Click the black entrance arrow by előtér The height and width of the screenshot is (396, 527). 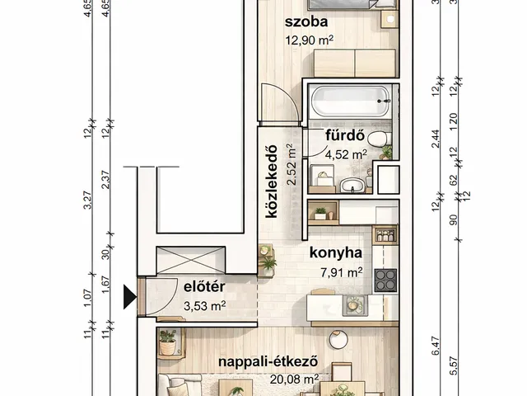130,297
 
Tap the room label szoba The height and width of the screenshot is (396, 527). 306,22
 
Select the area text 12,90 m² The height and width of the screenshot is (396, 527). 310,40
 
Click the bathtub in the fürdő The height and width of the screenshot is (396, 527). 349,101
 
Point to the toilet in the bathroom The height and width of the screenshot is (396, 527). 380,139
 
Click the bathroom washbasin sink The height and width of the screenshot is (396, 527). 352,186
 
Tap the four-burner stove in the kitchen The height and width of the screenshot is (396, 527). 385,280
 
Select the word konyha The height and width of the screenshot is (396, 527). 336,252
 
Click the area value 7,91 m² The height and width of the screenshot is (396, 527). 342,272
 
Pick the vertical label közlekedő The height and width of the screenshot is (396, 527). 271,181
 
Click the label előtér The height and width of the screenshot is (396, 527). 204,287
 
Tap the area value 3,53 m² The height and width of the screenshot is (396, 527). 205,306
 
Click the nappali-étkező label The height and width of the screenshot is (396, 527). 268,362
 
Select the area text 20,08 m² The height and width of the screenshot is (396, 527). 295,379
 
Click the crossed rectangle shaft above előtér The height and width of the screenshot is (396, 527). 190,260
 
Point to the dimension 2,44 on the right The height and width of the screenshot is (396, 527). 436,139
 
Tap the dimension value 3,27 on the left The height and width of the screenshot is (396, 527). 87,200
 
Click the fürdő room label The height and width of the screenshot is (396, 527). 345,135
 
